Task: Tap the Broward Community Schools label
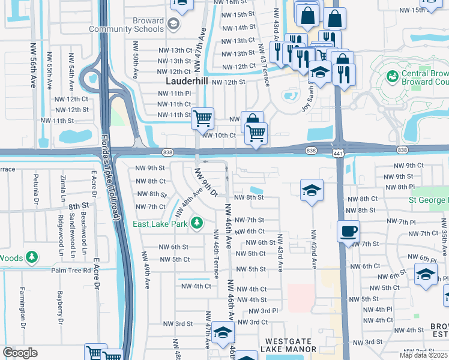126,25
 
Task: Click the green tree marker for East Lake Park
197,224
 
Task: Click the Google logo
20,353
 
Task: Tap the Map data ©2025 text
424,355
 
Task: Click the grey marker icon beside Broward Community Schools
173,25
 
